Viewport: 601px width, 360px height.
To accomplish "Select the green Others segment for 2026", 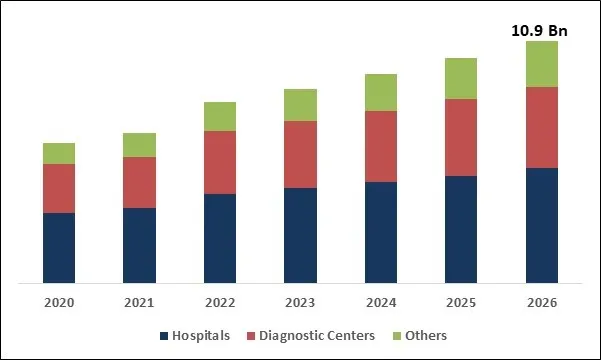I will click(541, 64).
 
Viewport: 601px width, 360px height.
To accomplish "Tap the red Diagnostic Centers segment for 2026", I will click(541, 127).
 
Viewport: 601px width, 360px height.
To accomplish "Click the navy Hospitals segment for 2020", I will click(59, 247).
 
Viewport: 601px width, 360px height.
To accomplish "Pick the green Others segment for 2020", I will click(59, 153).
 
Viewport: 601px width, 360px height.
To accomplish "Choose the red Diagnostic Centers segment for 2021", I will click(139, 182).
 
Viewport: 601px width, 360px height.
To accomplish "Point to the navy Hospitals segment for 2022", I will click(220, 238).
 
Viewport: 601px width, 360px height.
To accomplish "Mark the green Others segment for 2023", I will click(300, 105).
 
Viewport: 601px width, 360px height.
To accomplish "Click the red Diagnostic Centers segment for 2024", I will click(380, 146).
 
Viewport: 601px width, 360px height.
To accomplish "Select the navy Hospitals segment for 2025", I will click(461, 229).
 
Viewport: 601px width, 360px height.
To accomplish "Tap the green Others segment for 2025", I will click(461, 78).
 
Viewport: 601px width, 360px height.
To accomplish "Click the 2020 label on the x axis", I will click(59, 302).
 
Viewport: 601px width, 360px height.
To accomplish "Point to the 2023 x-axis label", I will click(300, 302).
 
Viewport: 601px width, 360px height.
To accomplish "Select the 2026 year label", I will click(541, 302).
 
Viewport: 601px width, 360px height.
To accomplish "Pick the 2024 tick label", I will click(380, 302).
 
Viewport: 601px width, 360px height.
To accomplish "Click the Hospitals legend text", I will click(201, 336).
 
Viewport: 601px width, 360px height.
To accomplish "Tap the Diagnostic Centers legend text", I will click(317, 336).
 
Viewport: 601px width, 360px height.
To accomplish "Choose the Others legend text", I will click(426, 336).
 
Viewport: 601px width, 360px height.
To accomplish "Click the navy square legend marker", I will click(163, 336).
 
